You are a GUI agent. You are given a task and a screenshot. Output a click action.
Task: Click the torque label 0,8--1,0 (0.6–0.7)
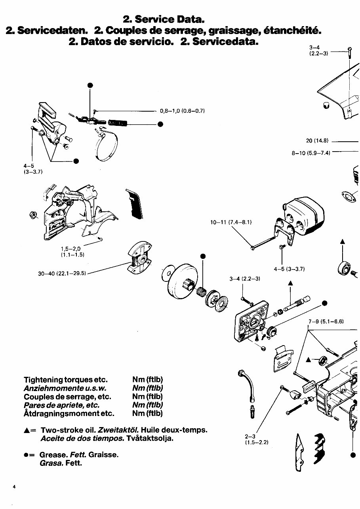pyautogui.click(x=182, y=111)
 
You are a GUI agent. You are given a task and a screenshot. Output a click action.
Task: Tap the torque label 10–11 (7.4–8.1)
pyautogui.click(x=231, y=222)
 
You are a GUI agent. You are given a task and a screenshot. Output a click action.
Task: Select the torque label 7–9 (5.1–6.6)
pyautogui.click(x=326, y=321)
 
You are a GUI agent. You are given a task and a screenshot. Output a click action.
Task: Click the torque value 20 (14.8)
pyautogui.click(x=317, y=141)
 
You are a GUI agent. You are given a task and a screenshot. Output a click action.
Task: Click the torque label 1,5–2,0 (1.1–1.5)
pyautogui.click(x=70, y=252)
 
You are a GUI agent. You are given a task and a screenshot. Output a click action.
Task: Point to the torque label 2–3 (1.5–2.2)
pyautogui.click(x=257, y=439)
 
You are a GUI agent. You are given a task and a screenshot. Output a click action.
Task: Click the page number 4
pyautogui.click(x=13, y=486)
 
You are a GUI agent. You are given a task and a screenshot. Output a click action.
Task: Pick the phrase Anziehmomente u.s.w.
pyautogui.click(x=65, y=388)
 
